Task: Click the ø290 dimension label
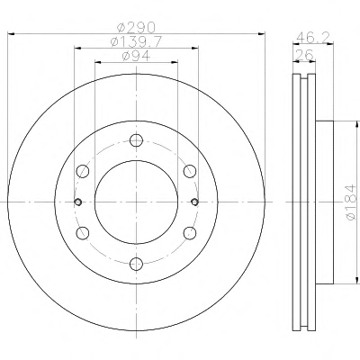coord(136,28)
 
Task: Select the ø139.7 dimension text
coord(137,41)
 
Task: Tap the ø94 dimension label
coord(136,56)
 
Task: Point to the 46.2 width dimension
coord(313,38)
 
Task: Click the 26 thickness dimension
coord(304,55)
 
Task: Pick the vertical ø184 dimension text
coord(351,202)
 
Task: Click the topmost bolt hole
coord(137,140)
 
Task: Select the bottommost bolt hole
coord(137,264)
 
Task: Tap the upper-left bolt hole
coord(83,171)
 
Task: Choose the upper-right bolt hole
coord(190,171)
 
